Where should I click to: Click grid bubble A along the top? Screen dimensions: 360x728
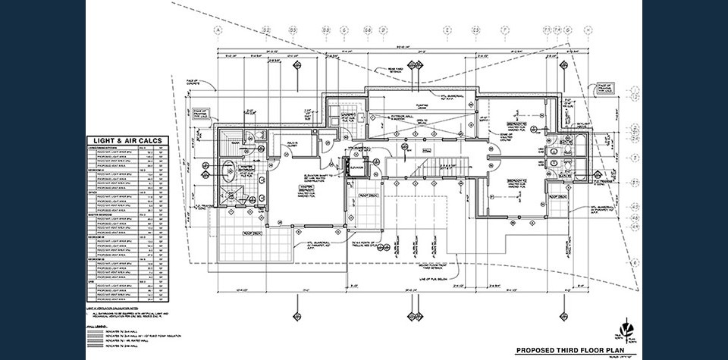[x=218, y=30]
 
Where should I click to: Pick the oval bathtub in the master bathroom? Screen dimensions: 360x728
[x=227, y=168]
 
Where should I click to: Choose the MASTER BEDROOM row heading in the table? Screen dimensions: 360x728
[x=105, y=214]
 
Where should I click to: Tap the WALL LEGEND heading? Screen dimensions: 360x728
[x=96, y=324]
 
